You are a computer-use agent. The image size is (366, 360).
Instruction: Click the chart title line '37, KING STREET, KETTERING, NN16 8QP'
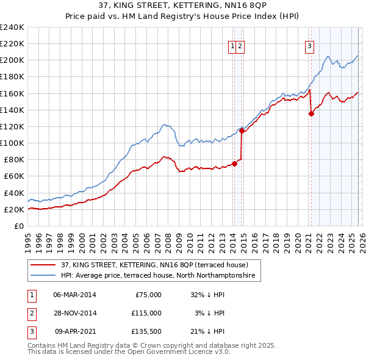[183, 6]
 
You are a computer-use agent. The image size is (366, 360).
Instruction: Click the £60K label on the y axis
[14, 176]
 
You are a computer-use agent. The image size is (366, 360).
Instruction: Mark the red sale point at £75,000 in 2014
[234, 164]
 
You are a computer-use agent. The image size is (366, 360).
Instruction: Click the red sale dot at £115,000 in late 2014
[242, 131]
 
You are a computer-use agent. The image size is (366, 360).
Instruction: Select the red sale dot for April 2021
[311, 113]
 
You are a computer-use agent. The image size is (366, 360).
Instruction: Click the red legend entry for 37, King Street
[154, 265]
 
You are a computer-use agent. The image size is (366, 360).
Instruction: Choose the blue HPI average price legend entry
[160, 276]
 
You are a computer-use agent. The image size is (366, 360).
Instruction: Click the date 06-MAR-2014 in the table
[74, 294]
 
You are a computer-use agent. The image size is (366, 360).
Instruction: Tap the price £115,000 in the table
[146, 312]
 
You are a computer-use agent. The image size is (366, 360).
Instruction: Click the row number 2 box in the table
[30, 312]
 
